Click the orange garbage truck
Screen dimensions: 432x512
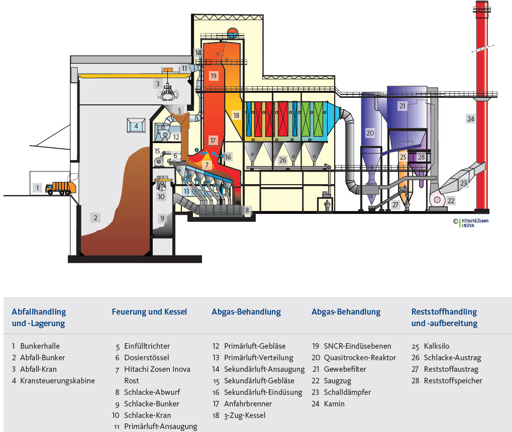tap(60, 188)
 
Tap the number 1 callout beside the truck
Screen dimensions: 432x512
tap(37, 188)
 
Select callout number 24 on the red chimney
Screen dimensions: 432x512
tap(470, 119)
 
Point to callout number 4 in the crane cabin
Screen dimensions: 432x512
tap(136, 126)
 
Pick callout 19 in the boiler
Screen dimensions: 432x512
tap(214, 76)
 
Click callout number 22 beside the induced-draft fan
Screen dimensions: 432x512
tap(451, 201)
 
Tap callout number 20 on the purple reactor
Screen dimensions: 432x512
tap(370, 133)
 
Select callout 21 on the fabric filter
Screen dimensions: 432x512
tap(402, 106)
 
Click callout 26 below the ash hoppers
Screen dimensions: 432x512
tap(282, 160)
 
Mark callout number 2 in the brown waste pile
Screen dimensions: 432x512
tap(94, 217)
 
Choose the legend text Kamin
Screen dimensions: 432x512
tap(334, 403)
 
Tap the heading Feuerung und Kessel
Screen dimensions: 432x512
tap(149, 312)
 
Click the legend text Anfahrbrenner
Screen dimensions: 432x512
tap(248, 403)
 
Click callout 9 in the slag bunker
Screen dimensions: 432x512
tap(162, 218)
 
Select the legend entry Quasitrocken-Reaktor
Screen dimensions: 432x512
tap(360, 358)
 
